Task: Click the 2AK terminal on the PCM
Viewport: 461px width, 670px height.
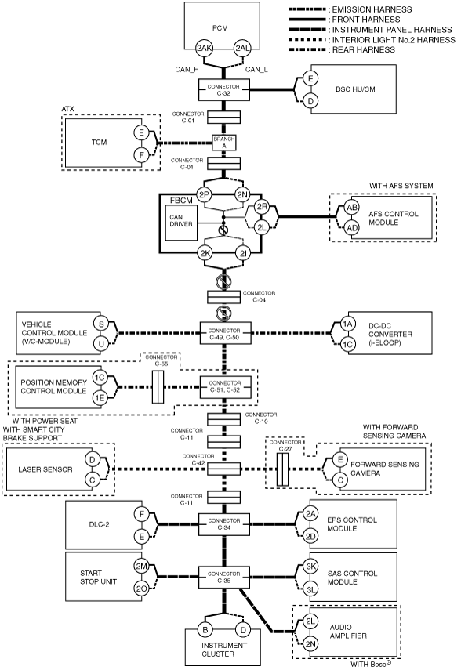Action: [x=204, y=49]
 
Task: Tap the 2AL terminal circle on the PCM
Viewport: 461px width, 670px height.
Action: [x=242, y=49]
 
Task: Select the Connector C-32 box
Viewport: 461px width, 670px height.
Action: [x=224, y=90]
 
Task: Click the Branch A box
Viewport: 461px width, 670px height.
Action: [x=224, y=143]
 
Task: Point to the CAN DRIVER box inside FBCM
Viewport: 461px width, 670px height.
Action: [x=181, y=223]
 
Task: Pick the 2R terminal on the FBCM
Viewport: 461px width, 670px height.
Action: [x=261, y=207]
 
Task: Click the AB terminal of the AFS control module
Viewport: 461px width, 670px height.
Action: [x=352, y=208]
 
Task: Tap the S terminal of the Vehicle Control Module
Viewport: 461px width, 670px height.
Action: [x=101, y=324]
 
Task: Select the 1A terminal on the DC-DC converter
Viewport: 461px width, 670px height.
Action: [x=347, y=324]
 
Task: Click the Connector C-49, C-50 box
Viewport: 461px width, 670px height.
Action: [x=225, y=334]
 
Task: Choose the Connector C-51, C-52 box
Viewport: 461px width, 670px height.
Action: [x=225, y=386]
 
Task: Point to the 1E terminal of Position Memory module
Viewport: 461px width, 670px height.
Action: [x=100, y=398]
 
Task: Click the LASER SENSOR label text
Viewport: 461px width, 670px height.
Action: [x=45, y=469]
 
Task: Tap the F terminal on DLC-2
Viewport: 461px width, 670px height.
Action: [x=142, y=514]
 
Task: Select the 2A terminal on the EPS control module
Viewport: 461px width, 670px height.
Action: [x=310, y=514]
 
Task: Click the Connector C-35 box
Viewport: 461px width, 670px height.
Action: [x=224, y=578]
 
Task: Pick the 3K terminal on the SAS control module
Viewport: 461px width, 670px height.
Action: [x=310, y=567]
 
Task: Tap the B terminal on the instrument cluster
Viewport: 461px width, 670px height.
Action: [x=205, y=629]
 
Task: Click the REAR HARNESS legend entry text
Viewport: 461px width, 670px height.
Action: [x=364, y=50]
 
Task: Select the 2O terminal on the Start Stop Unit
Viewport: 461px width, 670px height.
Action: [x=142, y=588]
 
